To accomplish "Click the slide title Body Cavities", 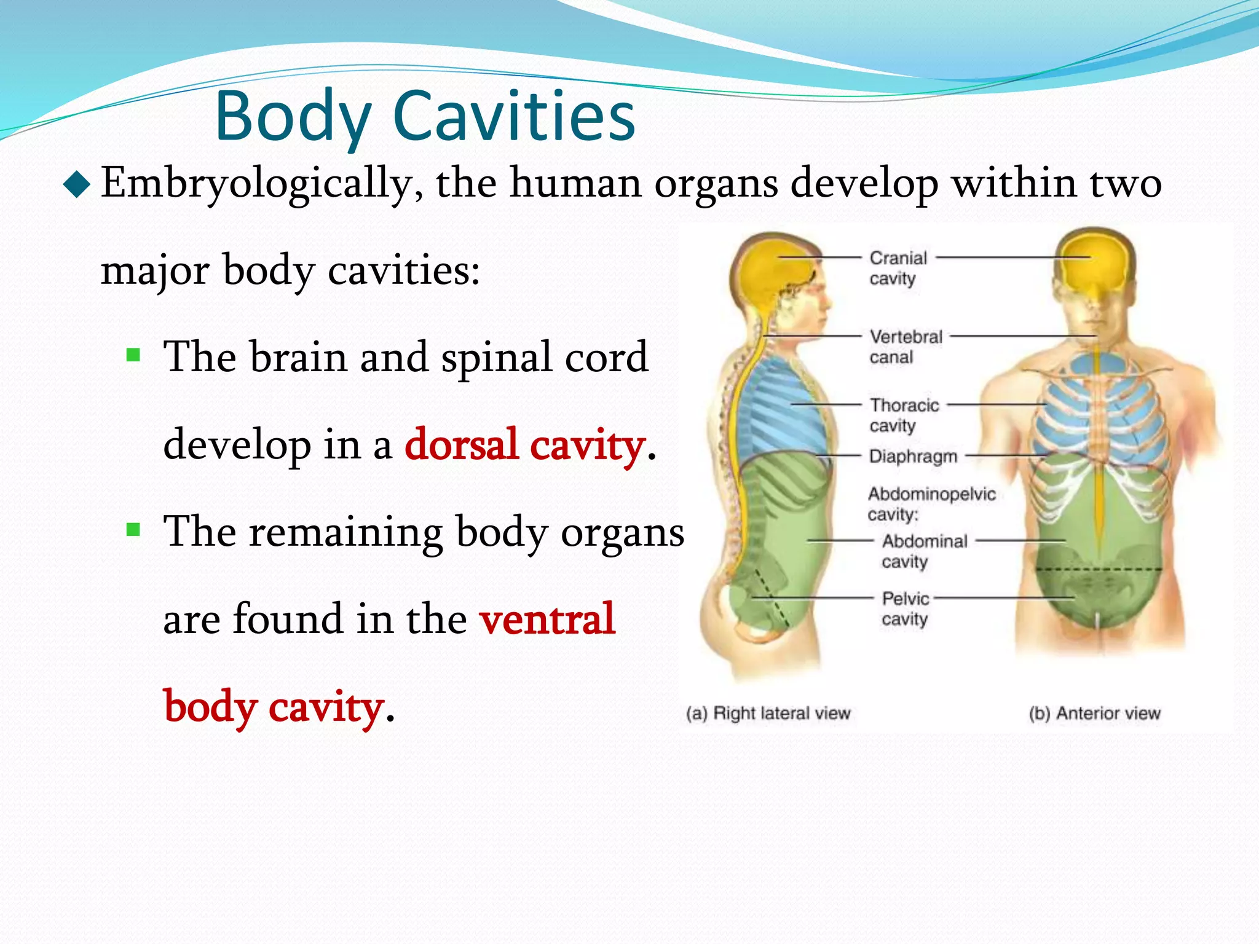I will [425, 116].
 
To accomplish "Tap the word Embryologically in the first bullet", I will [262, 183].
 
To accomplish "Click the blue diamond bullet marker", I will [77, 185].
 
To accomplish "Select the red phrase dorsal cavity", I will [524, 444].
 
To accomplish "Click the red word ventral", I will [547, 619].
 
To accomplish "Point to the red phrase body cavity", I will [274, 707].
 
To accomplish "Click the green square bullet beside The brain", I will [133, 355].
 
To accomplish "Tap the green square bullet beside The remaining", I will [133, 530].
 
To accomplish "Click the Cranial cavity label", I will [897, 268].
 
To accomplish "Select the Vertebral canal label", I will [904, 347].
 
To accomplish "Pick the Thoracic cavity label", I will [903, 415].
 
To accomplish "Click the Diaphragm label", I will [913, 456].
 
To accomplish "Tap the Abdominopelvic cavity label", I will [931, 503].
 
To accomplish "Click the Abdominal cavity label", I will [923, 551].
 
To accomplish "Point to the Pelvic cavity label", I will [905, 608].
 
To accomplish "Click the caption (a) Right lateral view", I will [768, 713].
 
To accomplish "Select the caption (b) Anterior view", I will [1094, 713].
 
